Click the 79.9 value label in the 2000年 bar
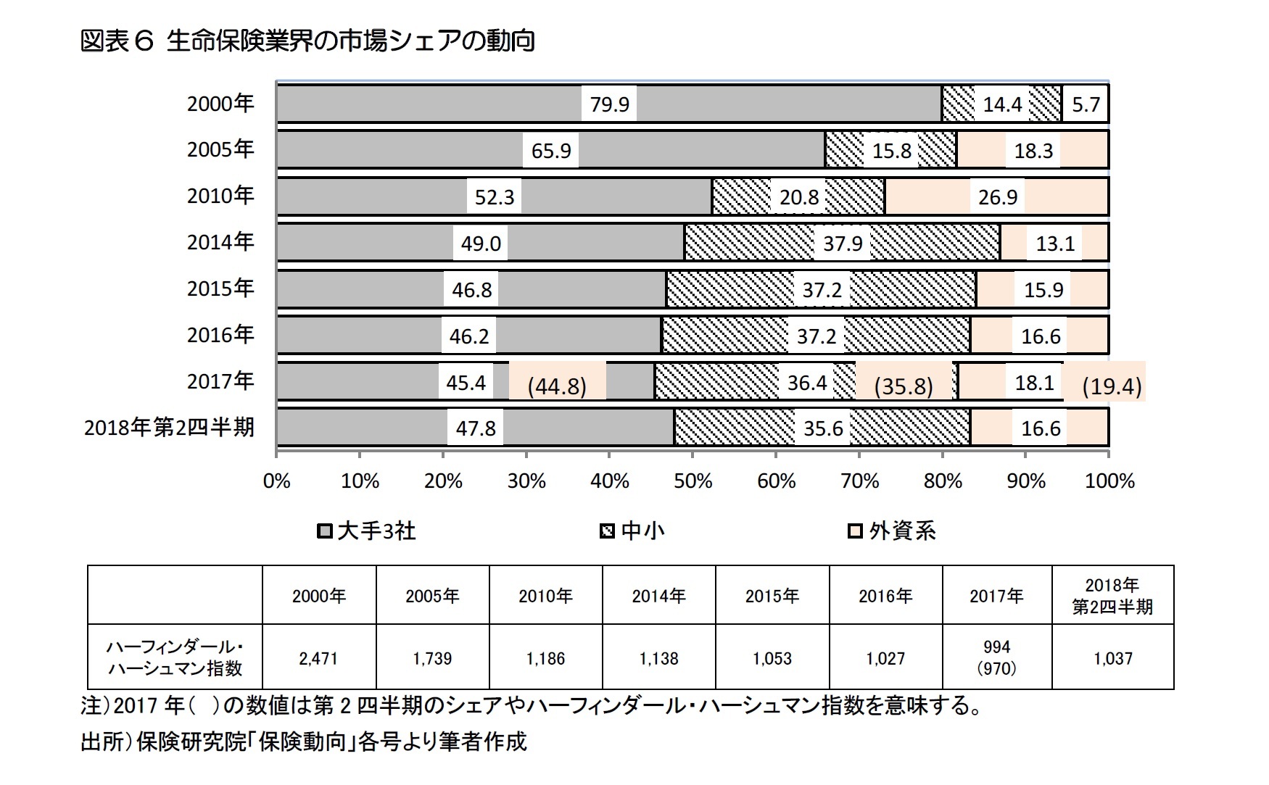coord(609,104)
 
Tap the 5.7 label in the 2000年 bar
coord(1086,104)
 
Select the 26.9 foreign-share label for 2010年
coord(997,197)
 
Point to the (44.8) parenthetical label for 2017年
coord(556,386)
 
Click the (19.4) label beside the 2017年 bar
coord(1111,386)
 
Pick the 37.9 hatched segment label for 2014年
coord(842,243)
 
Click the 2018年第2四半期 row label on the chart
coord(169,428)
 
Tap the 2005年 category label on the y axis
coord(220,149)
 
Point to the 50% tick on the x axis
coord(693,481)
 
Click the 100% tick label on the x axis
coord(1109,481)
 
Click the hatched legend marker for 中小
coord(608,532)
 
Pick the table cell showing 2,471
coord(318,658)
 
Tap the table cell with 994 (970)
coord(996,657)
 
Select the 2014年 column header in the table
coord(658,596)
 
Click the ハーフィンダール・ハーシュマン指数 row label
coord(175,657)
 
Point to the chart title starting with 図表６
coord(307,41)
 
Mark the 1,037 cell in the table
coord(1112,658)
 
